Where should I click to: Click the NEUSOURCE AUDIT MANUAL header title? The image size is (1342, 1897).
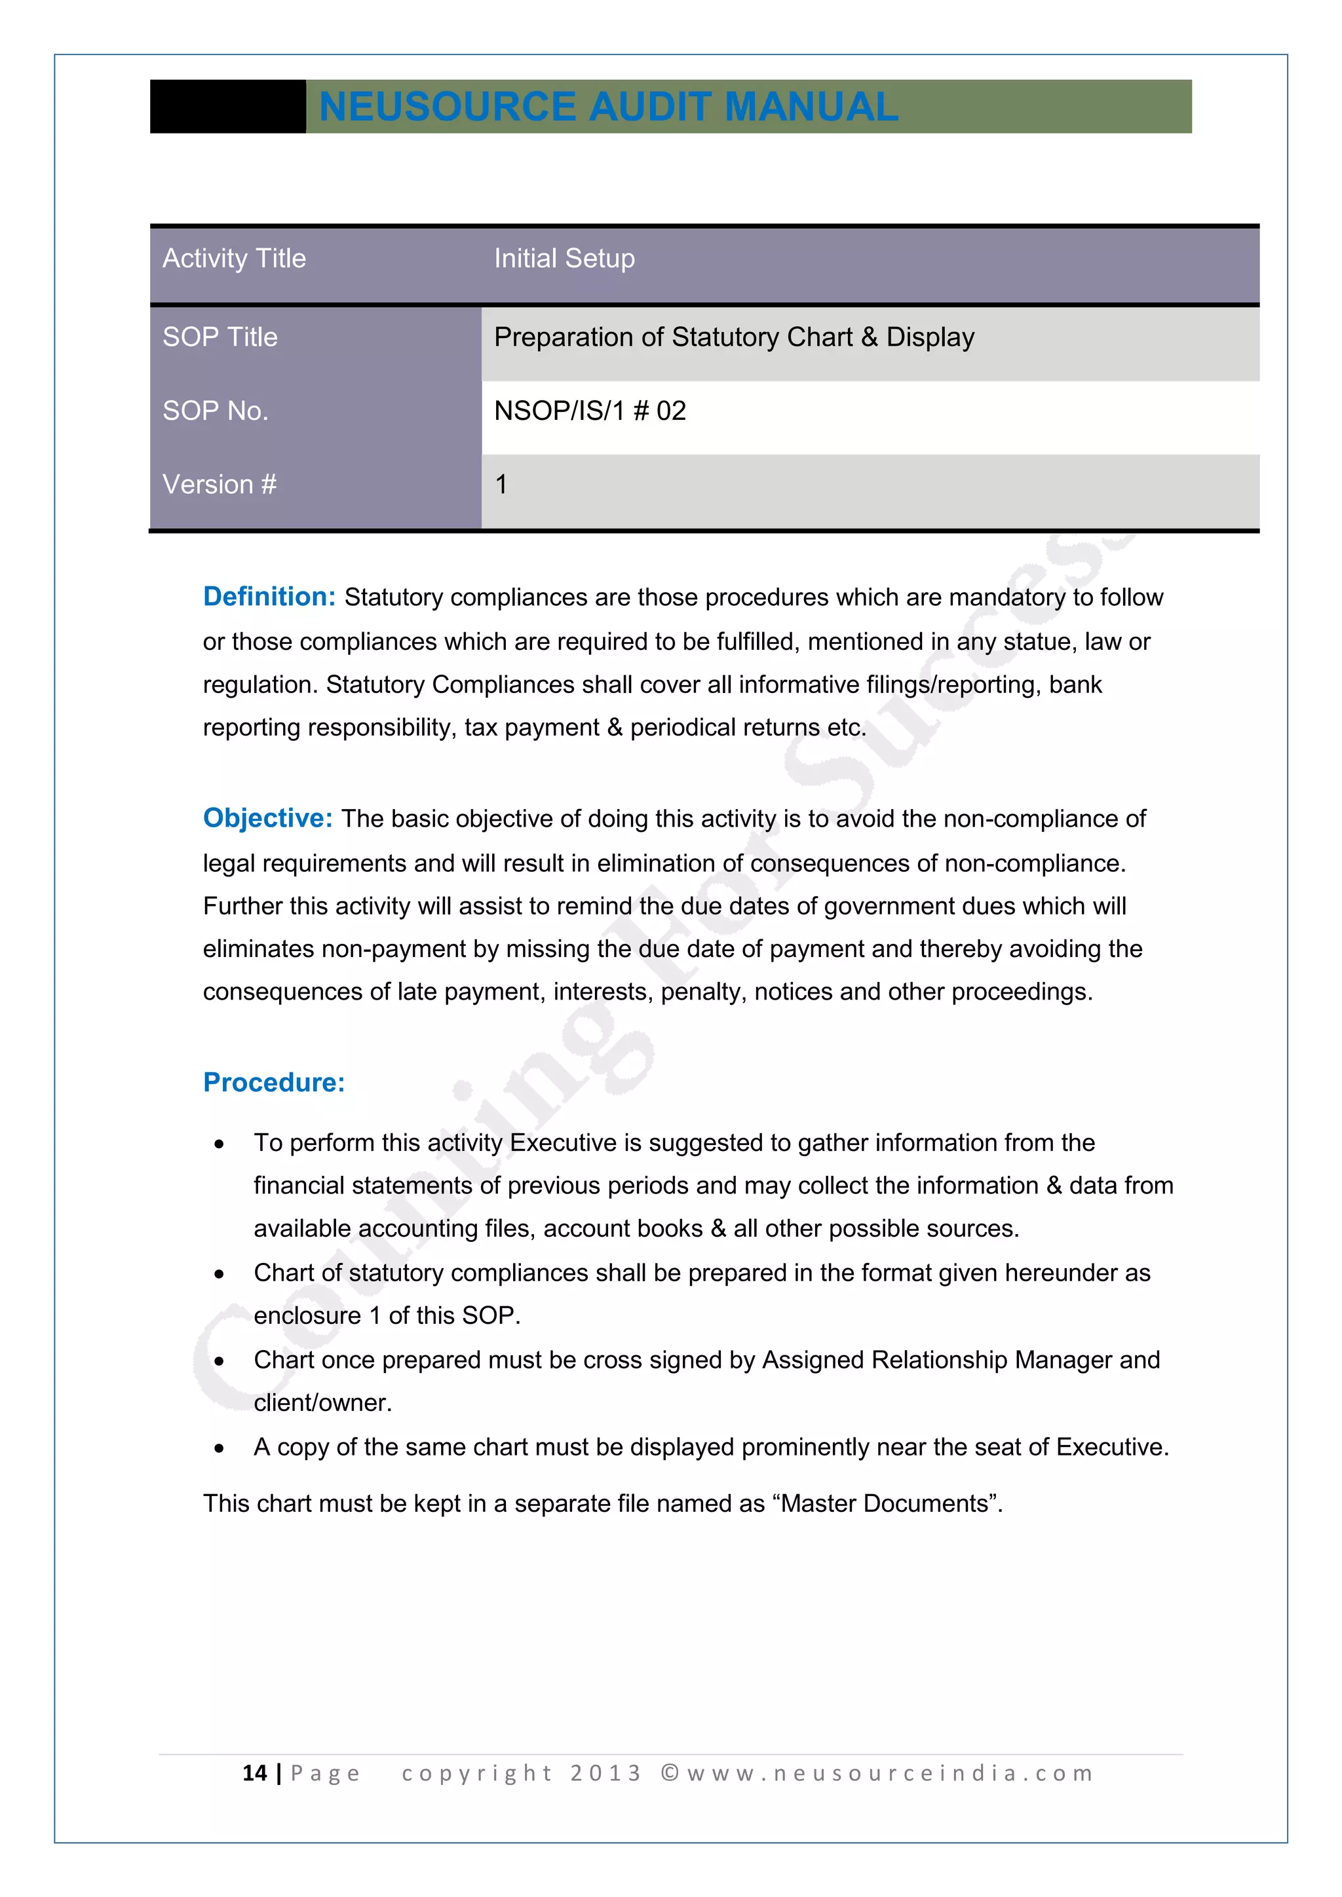608,107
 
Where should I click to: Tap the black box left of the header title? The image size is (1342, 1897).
228,107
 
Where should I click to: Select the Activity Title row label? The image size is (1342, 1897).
234,259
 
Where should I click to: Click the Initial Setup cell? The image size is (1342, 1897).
564,259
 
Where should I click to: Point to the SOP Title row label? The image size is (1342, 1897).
220,337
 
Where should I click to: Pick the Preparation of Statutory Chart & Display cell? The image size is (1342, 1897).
734,337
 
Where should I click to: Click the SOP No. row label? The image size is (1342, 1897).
215,411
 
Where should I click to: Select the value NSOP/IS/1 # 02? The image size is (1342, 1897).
590,411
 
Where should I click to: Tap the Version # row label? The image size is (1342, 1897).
219,484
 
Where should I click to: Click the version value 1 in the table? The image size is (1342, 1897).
501,484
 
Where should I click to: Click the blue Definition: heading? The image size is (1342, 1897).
269,597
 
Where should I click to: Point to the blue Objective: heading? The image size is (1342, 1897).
268,818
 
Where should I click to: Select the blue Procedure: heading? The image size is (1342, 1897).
273,1082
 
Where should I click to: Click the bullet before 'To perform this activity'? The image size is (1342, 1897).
219,1144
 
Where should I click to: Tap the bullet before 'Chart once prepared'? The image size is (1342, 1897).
219,1362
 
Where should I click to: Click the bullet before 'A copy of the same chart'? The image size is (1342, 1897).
219,1448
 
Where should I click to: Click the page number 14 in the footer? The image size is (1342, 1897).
254,1773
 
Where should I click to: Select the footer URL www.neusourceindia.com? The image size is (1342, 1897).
889,1774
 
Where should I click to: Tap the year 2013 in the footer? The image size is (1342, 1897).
605,1774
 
